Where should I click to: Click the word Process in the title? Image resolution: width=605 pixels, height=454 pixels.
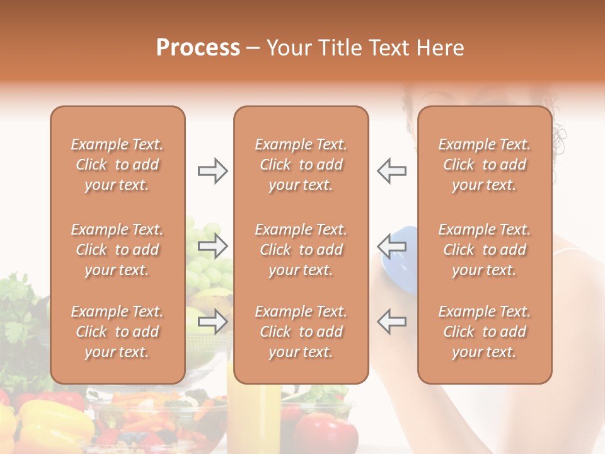[198, 48]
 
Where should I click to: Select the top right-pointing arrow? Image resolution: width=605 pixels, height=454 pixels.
[213, 170]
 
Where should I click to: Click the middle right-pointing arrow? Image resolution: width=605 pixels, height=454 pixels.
[213, 246]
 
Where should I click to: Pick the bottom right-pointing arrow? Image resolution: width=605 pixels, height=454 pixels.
[213, 322]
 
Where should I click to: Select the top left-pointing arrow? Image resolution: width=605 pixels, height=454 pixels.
[392, 170]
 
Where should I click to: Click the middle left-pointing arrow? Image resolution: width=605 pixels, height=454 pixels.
[392, 246]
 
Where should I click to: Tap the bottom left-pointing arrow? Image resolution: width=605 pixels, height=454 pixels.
[392, 322]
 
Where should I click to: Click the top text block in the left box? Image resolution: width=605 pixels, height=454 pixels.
[117, 165]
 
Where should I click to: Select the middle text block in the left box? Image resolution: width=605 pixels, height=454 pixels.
[117, 250]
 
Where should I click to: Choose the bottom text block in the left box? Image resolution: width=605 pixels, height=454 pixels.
[117, 332]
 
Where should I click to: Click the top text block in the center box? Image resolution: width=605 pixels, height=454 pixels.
[301, 165]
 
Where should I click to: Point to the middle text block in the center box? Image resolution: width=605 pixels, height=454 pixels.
[301, 250]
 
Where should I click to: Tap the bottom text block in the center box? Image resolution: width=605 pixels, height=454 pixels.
[301, 332]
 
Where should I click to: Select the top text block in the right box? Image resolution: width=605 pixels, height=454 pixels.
[485, 165]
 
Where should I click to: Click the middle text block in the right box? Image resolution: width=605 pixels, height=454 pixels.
[485, 250]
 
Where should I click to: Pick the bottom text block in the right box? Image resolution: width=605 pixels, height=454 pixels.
[485, 332]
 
